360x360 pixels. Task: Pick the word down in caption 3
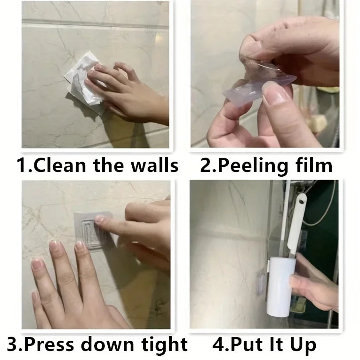click(x=108, y=344)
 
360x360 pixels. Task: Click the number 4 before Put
click(x=217, y=344)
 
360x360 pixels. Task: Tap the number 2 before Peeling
click(x=205, y=165)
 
